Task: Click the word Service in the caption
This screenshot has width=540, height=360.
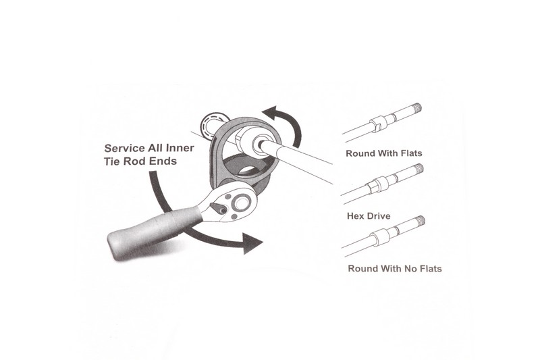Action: pyautogui.click(x=124, y=148)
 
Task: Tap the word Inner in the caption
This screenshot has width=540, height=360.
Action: pyautogui.click(x=180, y=148)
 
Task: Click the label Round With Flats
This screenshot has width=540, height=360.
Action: pyautogui.click(x=383, y=153)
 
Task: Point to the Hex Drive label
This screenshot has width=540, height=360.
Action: pyautogui.click(x=369, y=216)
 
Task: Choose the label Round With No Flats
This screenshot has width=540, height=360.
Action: pyautogui.click(x=395, y=268)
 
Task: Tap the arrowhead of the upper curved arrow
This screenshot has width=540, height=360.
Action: pyautogui.click(x=272, y=113)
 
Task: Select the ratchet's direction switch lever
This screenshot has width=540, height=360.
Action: pyautogui.click(x=217, y=208)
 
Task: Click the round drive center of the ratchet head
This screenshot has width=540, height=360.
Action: pyautogui.click(x=241, y=202)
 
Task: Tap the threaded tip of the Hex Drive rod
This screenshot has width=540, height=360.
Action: pyautogui.click(x=418, y=169)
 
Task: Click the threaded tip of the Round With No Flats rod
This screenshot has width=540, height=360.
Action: pyautogui.click(x=420, y=221)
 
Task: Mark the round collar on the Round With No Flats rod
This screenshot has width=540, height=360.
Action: pyautogui.click(x=380, y=237)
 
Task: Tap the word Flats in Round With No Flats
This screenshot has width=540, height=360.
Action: pyautogui.click(x=431, y=268)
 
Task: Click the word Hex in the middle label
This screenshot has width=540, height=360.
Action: pyautogui.click(x=355, y=216)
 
